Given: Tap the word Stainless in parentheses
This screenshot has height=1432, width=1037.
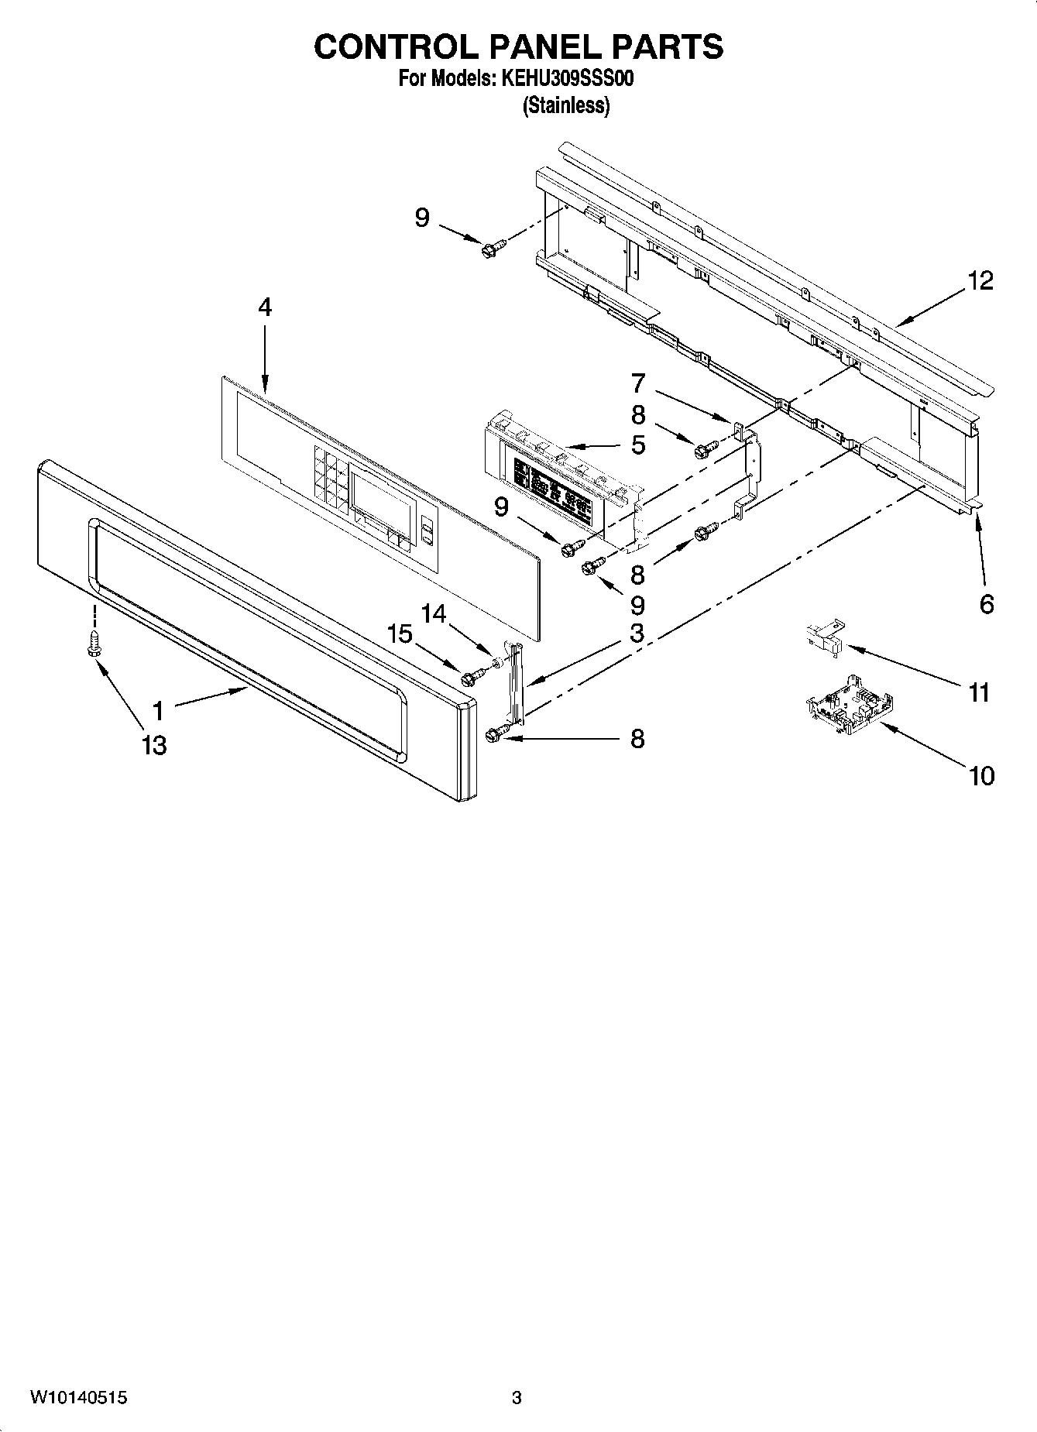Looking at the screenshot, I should (566, 105).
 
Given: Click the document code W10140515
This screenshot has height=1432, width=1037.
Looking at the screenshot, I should (78, 1398).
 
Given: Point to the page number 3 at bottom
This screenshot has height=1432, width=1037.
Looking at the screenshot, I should (517, 1398).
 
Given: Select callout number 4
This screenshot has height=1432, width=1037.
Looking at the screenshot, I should (265, 307).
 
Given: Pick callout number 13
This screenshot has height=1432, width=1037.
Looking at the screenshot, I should (154, 746).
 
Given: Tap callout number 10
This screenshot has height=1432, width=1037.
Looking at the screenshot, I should (981, 775).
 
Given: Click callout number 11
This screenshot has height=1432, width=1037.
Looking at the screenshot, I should (980, 692).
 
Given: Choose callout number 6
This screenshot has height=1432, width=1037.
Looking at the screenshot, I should (986, 604).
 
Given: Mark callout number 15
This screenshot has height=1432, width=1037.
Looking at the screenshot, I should (400, 634).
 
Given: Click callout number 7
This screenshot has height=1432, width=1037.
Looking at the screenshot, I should (637, 383).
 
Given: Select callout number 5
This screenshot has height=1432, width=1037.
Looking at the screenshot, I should (637, 445).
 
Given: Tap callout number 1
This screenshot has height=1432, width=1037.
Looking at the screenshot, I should (158, 710).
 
